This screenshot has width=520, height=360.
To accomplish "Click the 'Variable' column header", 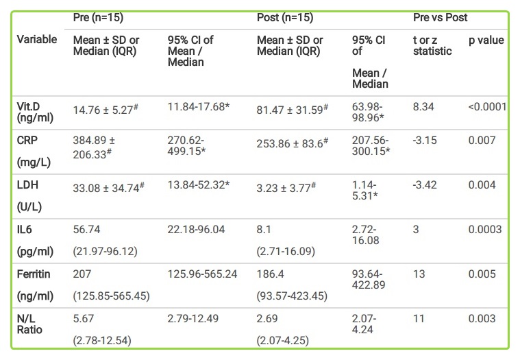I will point(36,40).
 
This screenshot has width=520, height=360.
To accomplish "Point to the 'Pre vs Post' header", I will point(441,16).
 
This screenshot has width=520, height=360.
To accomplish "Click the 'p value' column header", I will point(486,40).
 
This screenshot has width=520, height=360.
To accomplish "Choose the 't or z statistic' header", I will point(432,45).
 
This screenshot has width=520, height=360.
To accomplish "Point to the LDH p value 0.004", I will point(482,184).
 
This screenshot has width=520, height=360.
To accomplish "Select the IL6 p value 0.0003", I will point(484,230).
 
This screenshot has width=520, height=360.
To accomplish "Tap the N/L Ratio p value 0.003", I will point(482,319).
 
